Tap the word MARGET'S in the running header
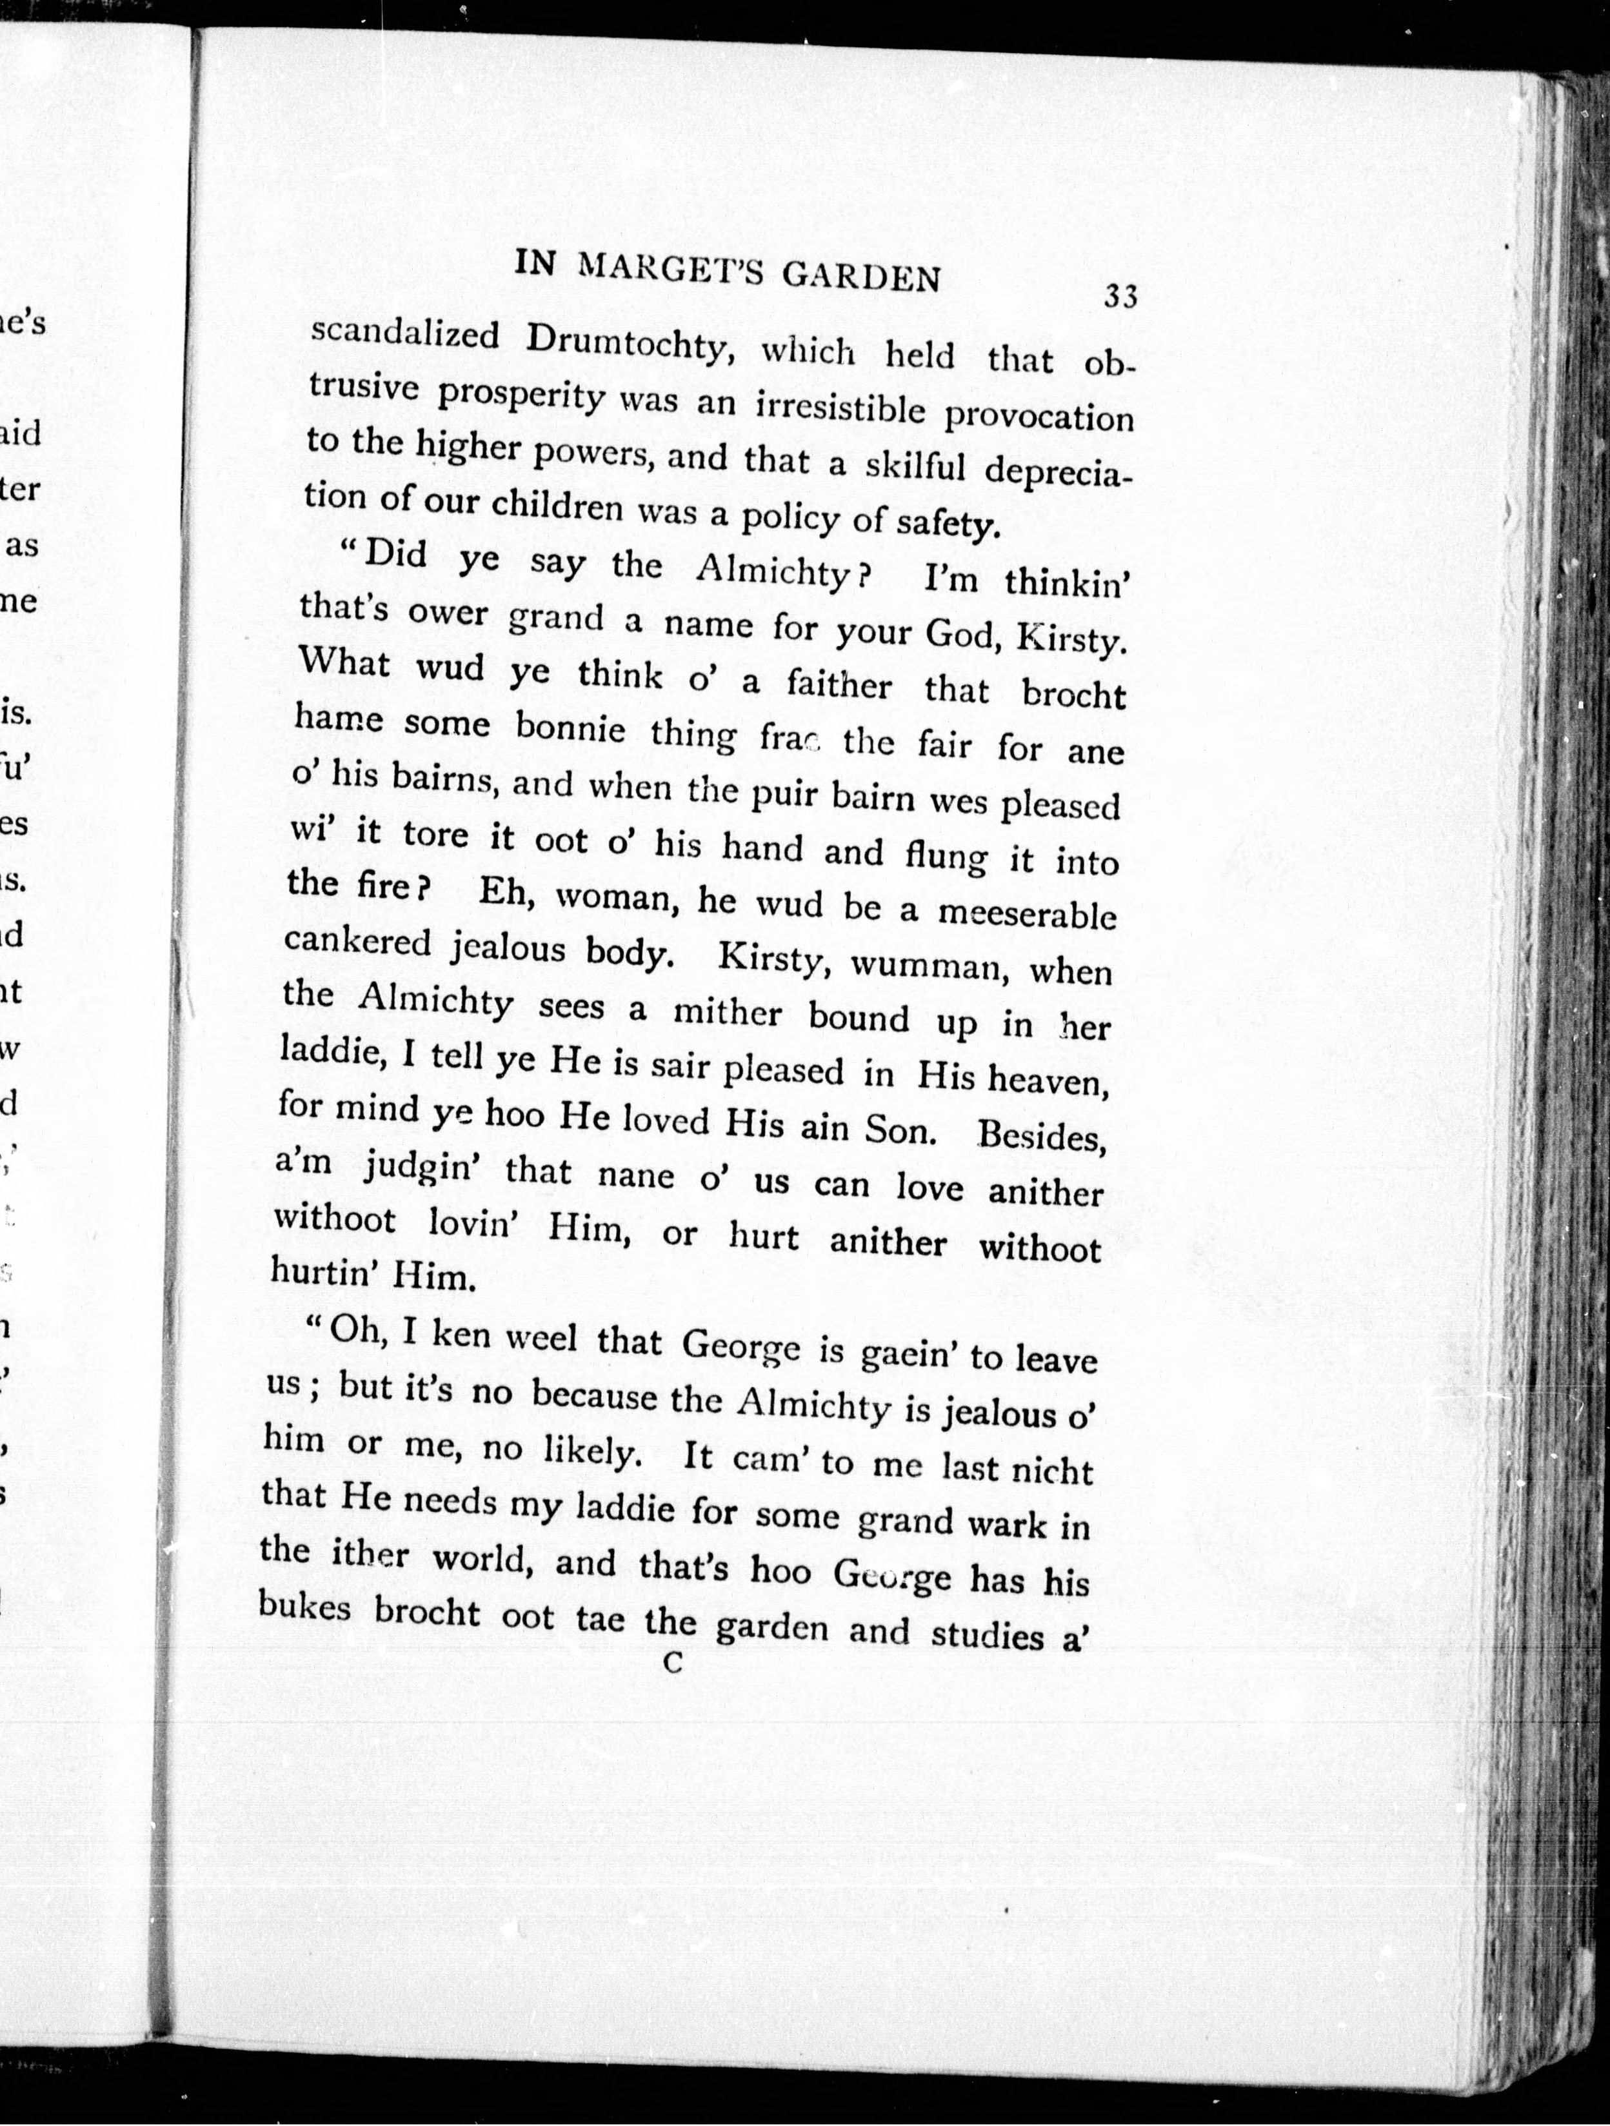pyautogui.click(x=669, y=271)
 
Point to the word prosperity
pyautogui.click(x=520, y=397)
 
